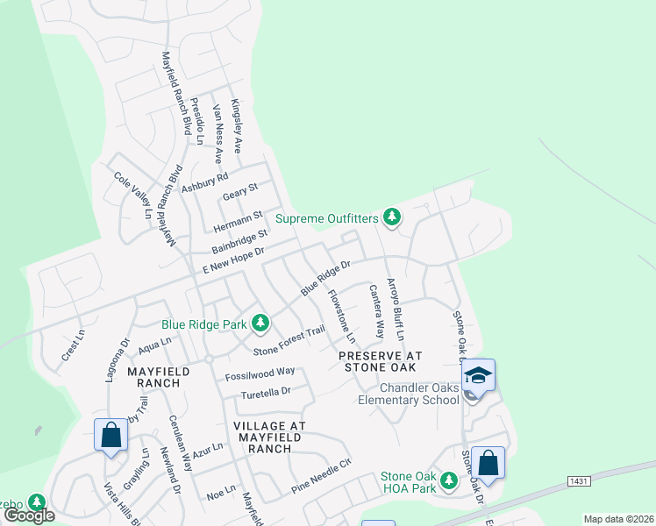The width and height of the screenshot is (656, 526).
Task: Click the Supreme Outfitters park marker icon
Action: click(x=391, y=217)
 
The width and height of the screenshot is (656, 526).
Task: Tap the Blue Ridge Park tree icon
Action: click(x=260, y=323)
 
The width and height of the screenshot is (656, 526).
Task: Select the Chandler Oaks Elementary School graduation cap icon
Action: click(x=479, y=375)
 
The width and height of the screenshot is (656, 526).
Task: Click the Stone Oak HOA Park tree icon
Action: click(x=449, y=480)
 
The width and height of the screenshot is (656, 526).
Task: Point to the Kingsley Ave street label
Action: click(x=236, y=126)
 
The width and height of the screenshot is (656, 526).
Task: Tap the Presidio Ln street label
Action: click(x=199, y=122)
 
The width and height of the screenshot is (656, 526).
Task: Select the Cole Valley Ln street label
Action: click(x=134, y=195)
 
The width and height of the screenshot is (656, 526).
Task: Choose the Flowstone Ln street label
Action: click(x=342, y=316)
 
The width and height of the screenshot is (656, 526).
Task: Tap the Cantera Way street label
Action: click(x=376, y=311)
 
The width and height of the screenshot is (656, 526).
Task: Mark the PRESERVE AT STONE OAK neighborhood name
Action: click(x=381, y=361)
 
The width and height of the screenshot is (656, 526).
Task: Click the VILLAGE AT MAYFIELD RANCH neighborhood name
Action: click(x=269, y=437)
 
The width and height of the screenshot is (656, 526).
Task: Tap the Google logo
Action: click(x=29, y=515)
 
